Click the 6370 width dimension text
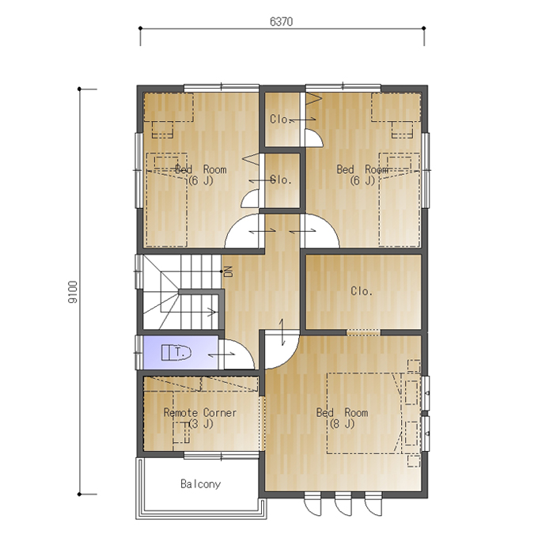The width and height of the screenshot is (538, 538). pos(282,21)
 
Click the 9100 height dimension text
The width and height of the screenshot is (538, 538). pos(73,292)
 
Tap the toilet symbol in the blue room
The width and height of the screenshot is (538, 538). pos(176,352)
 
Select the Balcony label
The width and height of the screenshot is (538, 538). pos(201,483)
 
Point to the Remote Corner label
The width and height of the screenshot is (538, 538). pos(200,412)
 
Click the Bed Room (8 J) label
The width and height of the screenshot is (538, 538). pos(342,419)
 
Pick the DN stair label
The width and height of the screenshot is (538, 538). pos(228,271)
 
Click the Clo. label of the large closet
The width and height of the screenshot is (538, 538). pos(362,291)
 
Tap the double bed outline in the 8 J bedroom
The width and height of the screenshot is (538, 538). pos(364,414)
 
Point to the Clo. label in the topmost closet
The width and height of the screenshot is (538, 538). pos(280,119)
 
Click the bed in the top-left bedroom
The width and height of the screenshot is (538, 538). pos(167,199)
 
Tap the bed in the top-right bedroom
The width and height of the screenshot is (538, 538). pos(400,199)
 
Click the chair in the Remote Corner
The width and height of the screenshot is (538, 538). pos(181,432)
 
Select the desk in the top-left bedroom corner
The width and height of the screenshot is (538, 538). pos(169,107)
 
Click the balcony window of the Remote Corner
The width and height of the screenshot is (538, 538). pos(222,456)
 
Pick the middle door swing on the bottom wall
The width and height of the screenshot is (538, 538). pos(343,505)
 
